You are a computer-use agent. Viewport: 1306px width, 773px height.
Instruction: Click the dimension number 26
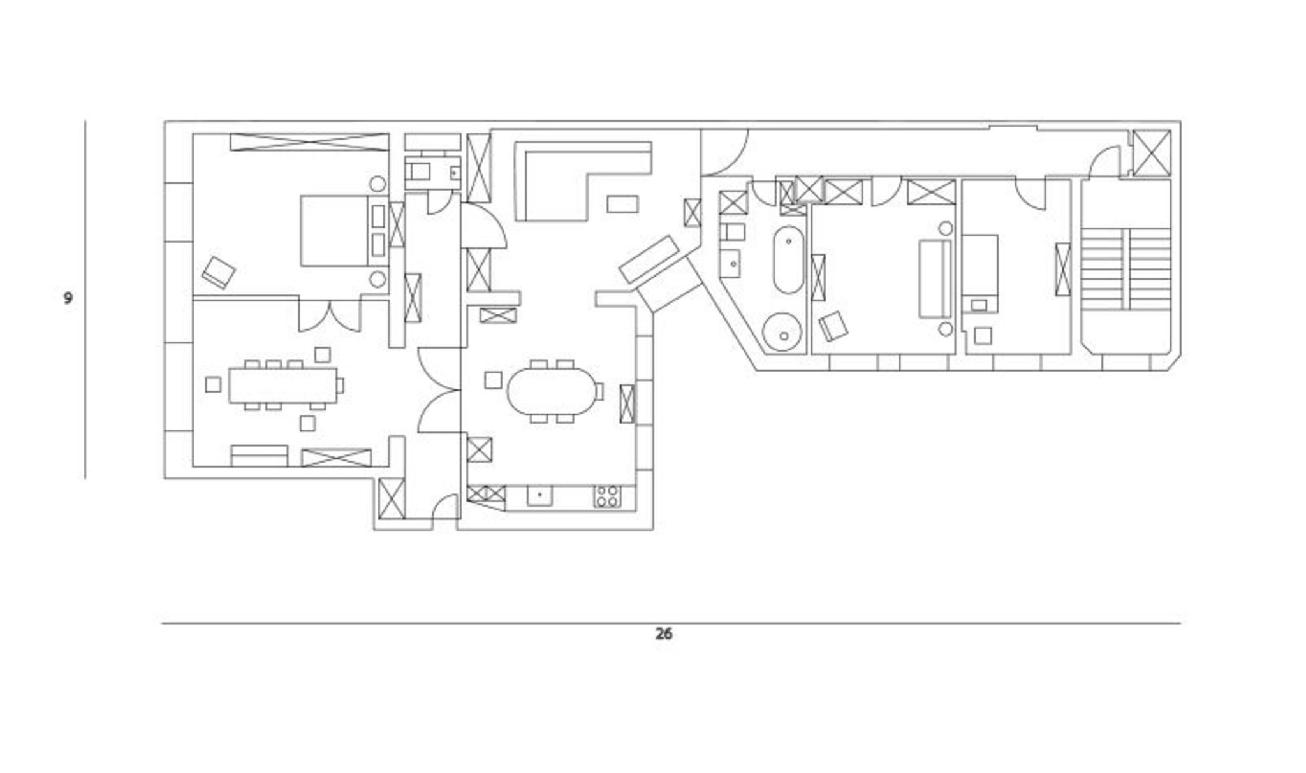tap(663, 634)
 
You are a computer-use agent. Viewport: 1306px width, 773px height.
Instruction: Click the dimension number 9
tap(68, 298)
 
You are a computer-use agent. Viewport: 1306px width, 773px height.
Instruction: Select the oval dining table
tap(550, 391)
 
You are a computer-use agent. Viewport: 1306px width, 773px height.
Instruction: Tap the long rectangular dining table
tap(282, 385)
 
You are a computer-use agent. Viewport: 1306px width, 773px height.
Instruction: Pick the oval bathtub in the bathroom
tap(788, 259)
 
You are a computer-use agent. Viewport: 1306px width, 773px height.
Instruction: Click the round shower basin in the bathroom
tap(783, 332)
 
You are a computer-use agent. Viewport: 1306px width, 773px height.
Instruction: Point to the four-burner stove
tap(608, 496)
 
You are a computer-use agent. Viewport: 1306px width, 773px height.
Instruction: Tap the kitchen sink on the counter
tap(539, 496)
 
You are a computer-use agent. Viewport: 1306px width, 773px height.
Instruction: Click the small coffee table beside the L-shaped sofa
tap(622, 203)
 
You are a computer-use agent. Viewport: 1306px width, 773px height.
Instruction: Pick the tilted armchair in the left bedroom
tap(219, 272)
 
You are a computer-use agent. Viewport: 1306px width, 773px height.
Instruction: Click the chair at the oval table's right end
tap(599, 391)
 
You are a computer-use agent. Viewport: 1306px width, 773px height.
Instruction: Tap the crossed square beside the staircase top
tap(1152, 152)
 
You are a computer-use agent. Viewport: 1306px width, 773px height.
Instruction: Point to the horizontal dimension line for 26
tap(671, 623)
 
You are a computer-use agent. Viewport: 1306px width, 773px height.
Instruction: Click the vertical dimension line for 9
tap(85, 299)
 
